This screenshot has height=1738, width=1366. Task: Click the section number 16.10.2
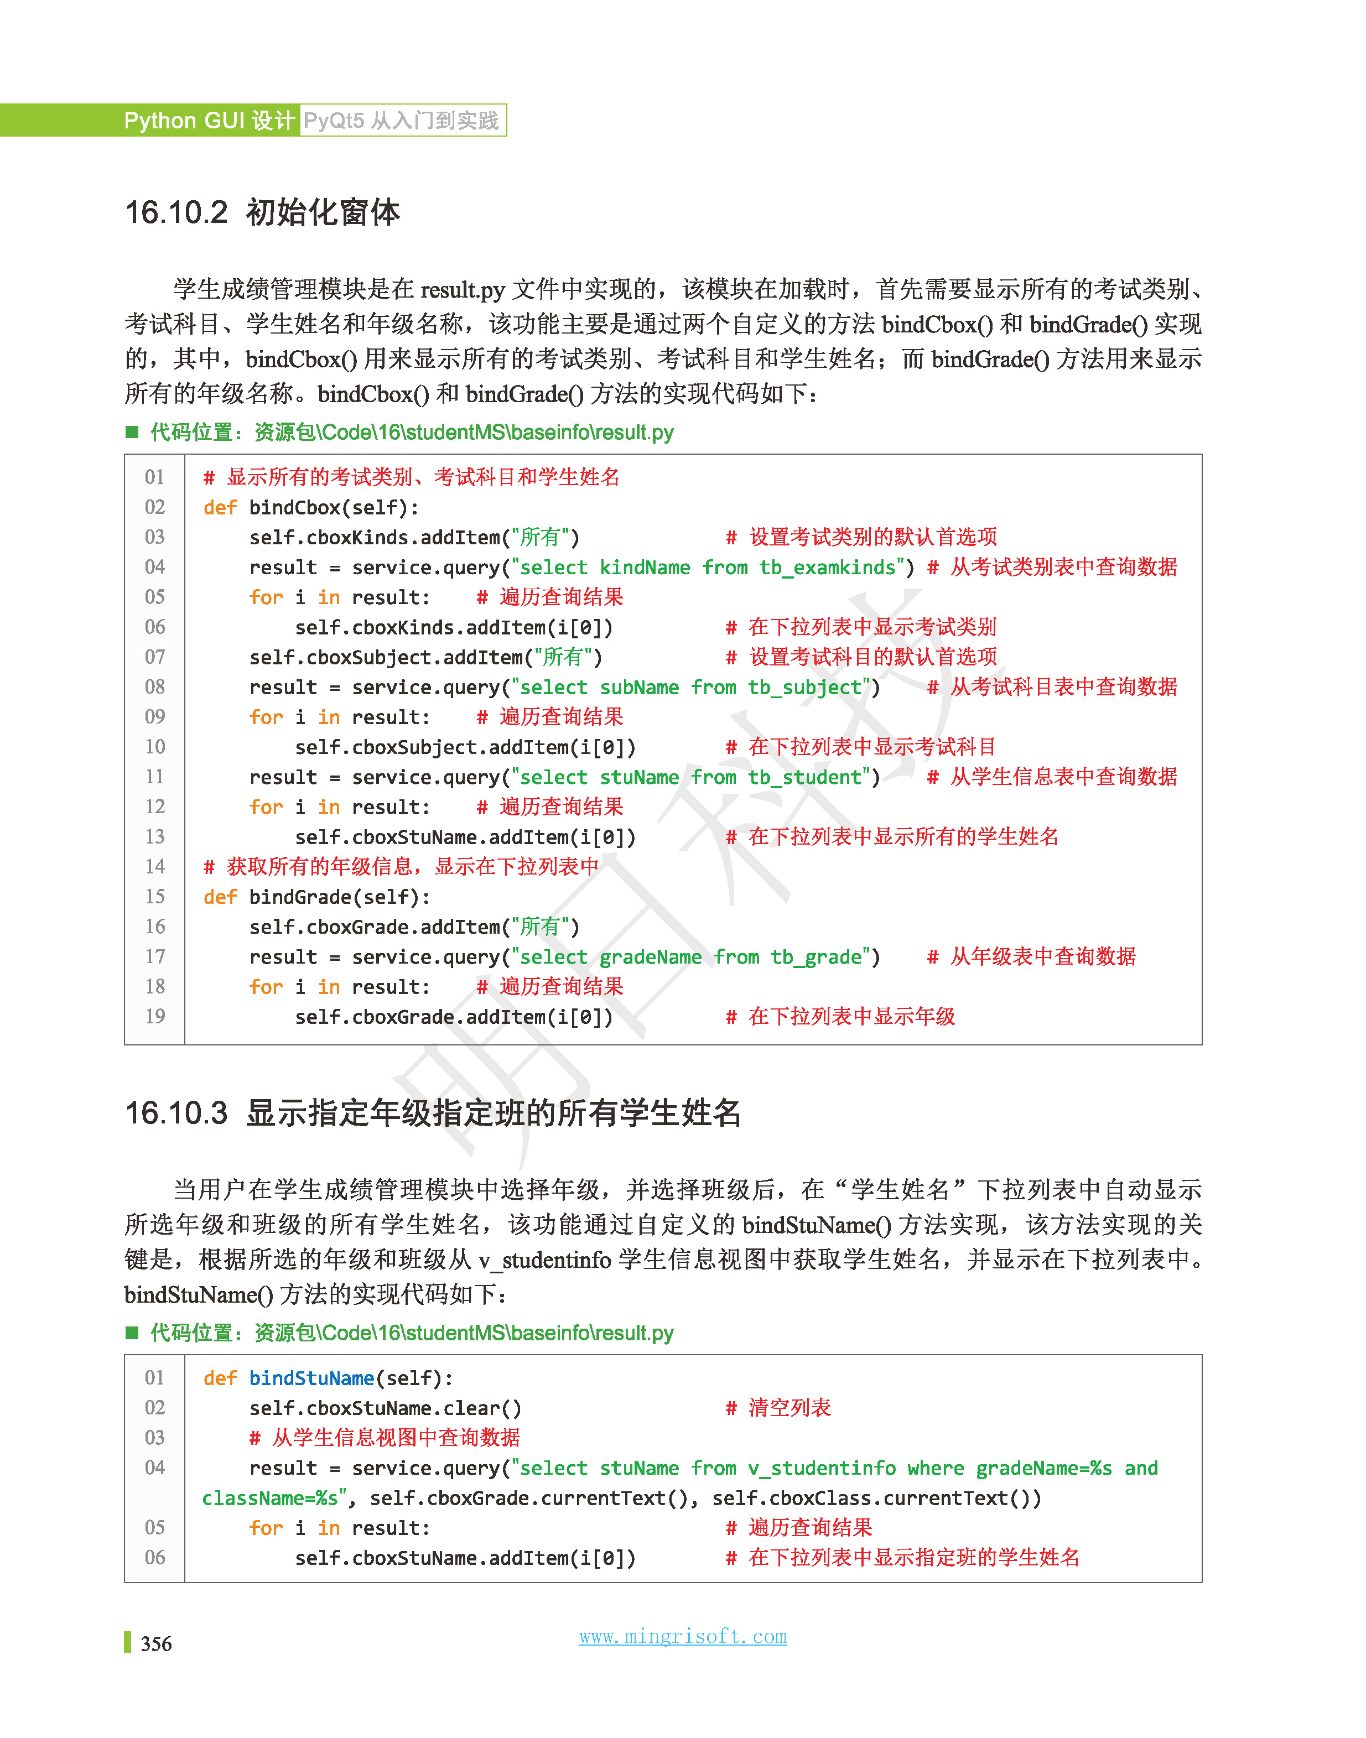click(x=176, y=212)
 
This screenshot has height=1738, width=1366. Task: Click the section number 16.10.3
click(x=176, y=1113)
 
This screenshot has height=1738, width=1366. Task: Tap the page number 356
click(x=156, y=1643)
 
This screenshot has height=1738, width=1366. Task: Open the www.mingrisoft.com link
click(x=682, y=1636)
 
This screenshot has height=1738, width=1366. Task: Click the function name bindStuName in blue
click(x=311, y=1378)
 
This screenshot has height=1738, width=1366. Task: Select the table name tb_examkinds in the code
click(x=827, y=568)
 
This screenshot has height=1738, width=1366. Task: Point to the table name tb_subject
click(x=804, y=688)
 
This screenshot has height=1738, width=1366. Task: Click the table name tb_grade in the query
click(x=816, y=957)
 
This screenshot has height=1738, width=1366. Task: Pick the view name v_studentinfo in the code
click(x=822, y=1469)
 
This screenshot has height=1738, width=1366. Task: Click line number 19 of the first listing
click(x=154, y=1017)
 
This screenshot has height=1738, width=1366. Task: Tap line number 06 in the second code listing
click(x=154, y=1557)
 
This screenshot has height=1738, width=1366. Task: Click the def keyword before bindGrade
click(x=220, y=897)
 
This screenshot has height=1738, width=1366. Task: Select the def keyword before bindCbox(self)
click(x=220, y=508)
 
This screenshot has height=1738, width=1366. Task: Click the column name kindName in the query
click(x=645, y=568)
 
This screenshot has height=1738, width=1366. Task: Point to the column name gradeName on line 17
click(x=650, y=957)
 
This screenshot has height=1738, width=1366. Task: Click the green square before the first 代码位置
click(x=132, y=433)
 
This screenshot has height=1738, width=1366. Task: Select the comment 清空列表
click(x=790, y=1408)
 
